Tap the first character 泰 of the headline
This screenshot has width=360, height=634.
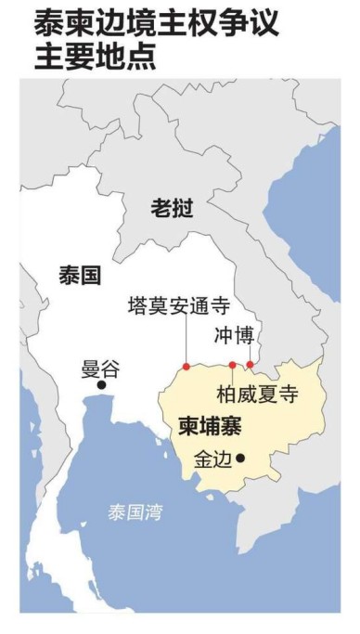click(49, 23)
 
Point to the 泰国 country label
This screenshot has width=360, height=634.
click(79, 275)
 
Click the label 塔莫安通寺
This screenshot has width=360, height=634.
click(178, 305)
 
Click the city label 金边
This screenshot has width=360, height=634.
click(212, 459)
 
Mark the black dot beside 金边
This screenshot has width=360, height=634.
click(240, 457)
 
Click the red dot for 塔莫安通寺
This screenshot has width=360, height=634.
click(186, 367)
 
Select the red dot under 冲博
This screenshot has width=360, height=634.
click(249, 364)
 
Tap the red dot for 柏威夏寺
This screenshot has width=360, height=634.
click(231, 365)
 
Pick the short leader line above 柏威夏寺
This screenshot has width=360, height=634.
click(231, 373)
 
